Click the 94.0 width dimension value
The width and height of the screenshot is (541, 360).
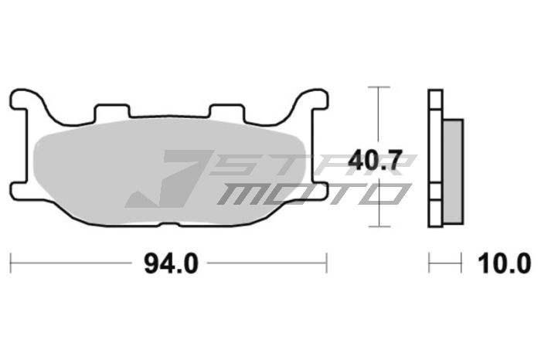tap(171, 263)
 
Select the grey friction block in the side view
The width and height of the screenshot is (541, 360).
tap(453, 172)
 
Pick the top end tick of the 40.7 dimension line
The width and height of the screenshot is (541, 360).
tap(376, 87)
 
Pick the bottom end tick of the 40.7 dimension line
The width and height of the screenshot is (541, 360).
tap(376, 227)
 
